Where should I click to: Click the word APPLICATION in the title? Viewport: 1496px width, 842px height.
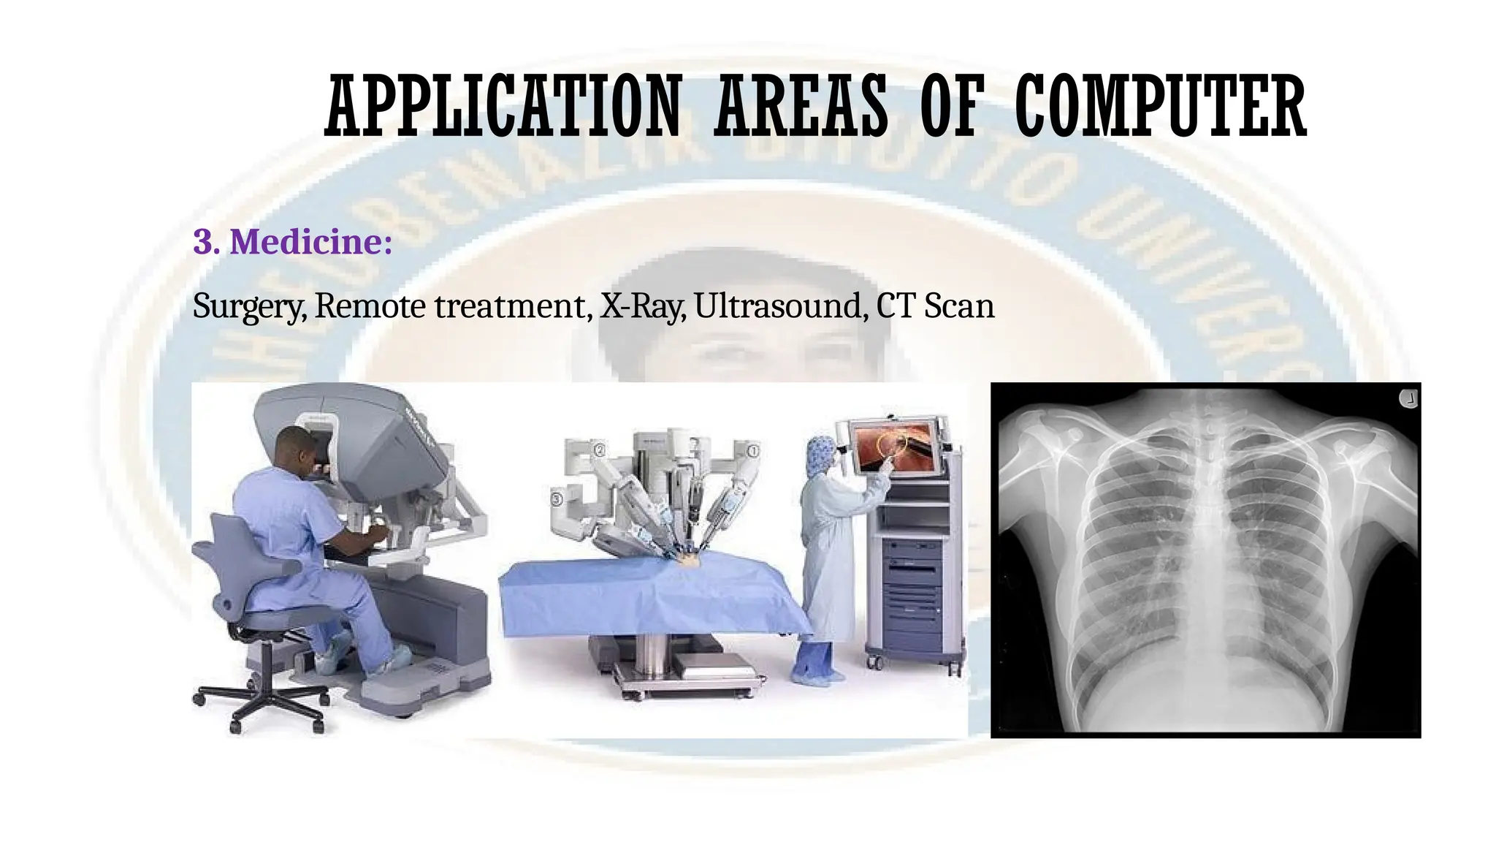click(503, 109)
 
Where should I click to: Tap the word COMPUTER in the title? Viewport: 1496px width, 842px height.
click(1160, 109)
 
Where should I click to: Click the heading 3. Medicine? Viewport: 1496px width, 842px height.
click(292, 242)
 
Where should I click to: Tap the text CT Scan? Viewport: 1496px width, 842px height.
click(935, 306)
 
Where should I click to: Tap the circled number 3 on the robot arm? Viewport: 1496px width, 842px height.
click(557, 499)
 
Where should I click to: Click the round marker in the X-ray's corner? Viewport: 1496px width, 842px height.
click(1408, 400)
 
